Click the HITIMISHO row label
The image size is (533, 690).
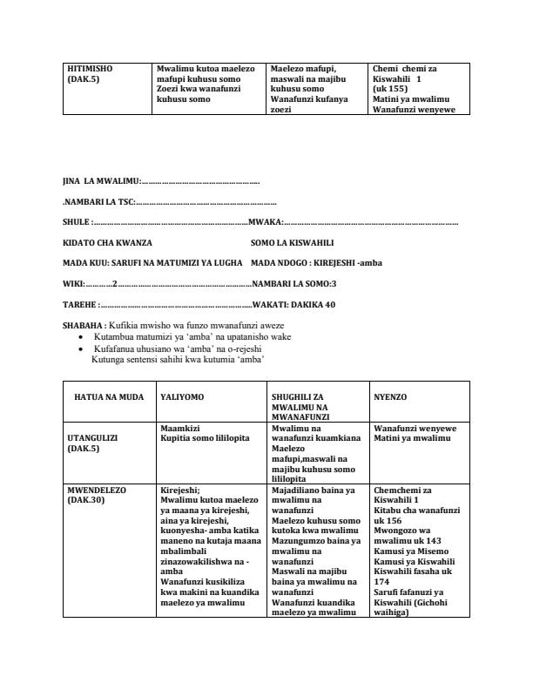[x=90, y=67]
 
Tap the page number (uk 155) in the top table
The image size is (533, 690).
[x=387, y=89]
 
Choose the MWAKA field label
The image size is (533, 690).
[x=265, y=222]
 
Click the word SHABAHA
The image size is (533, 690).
[x=84, y=324]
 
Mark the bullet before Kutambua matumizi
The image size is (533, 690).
[x=82, y=335]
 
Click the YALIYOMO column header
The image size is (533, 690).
[x=182, y=396]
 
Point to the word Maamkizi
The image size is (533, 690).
[x=181, y=428]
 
